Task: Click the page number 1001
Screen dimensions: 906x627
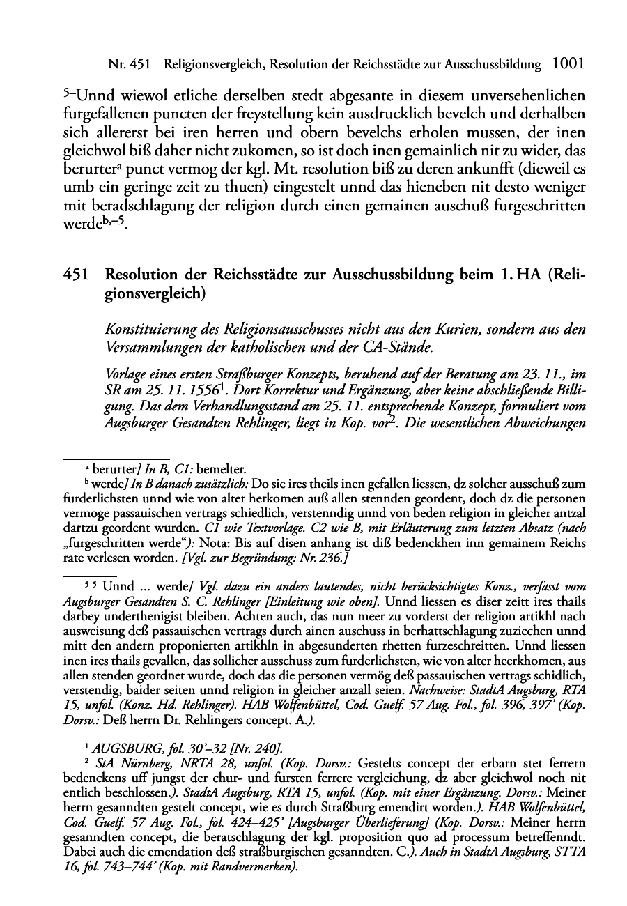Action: tap(566, 64)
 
